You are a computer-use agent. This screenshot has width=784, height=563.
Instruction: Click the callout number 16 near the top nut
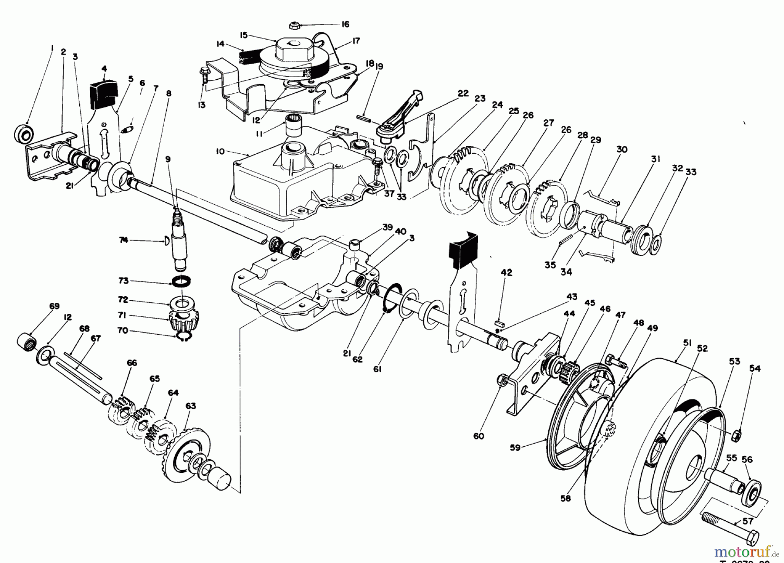[345, 24]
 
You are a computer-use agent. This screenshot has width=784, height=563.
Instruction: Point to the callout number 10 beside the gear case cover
[220, 151]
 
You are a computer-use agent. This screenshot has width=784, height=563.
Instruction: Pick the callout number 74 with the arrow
[124, 240]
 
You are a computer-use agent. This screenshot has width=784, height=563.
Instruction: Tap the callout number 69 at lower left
[54, 306]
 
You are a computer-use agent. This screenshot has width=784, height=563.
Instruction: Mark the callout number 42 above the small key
[507, 273]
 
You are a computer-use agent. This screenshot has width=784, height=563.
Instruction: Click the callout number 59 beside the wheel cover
[515, 448]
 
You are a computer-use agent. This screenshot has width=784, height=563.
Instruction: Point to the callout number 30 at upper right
[622, 149]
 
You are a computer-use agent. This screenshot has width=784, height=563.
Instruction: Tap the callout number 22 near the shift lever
[463, 93]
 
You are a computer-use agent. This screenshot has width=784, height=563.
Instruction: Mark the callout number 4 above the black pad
[104, 68]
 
